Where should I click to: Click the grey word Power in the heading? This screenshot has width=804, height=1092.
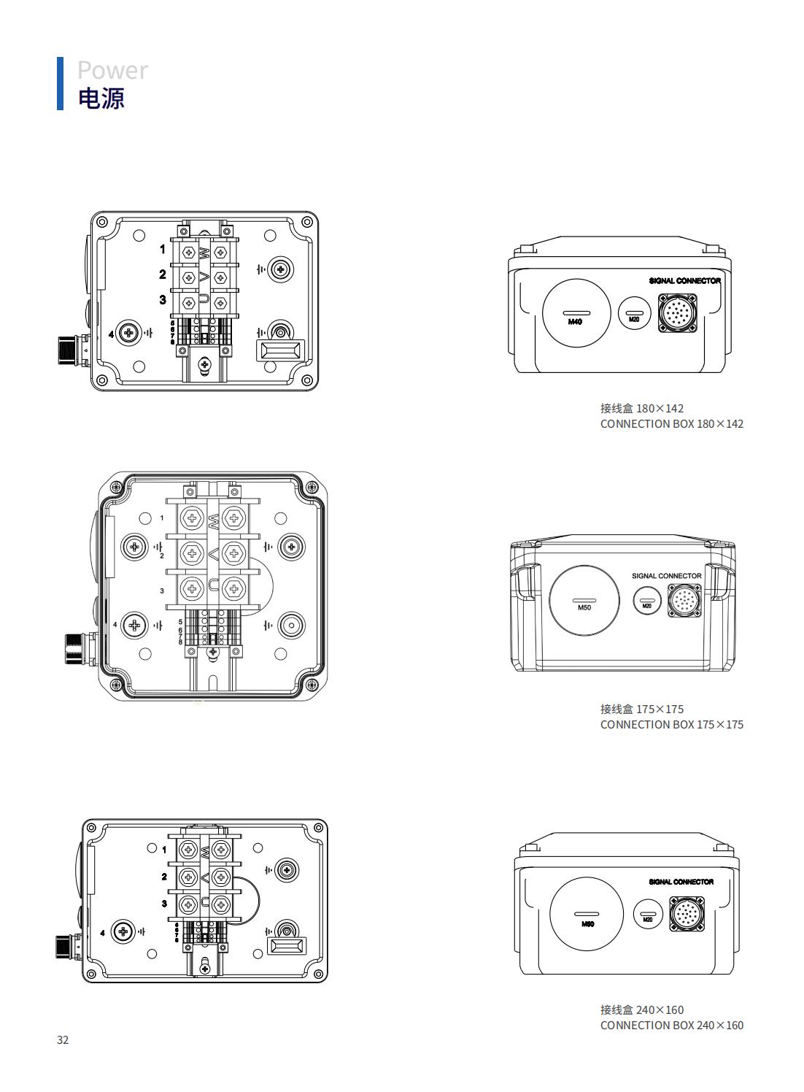pos(112,70)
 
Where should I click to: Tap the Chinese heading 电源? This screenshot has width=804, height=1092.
pos(101,98)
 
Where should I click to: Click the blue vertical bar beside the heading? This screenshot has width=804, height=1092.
pos(60,83)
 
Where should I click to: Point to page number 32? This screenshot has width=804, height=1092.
pos(63,1040)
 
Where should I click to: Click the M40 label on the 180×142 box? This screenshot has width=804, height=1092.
pos(576,321)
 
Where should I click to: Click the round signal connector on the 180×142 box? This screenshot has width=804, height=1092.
pos(678,313)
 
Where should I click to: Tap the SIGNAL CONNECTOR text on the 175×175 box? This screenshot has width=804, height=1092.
pos(666,576)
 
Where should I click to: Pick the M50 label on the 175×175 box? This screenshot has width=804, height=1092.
pos(584,607)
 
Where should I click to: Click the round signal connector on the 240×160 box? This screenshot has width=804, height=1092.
pos(687,915)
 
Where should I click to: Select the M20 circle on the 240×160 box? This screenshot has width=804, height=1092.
pos(648,915)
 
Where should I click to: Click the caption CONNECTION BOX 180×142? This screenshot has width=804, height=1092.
pos(671,424)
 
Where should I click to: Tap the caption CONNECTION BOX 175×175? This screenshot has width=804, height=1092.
pos(671,725)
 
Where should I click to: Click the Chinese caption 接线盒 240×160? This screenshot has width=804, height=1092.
pos(642,1010)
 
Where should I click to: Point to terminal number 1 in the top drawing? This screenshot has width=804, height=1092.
pos(163,250)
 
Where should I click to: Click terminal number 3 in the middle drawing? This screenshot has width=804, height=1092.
pos(162,591)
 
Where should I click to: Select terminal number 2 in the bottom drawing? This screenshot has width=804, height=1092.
pos(164,877)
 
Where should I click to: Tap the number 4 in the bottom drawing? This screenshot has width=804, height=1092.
pos(103,933)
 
